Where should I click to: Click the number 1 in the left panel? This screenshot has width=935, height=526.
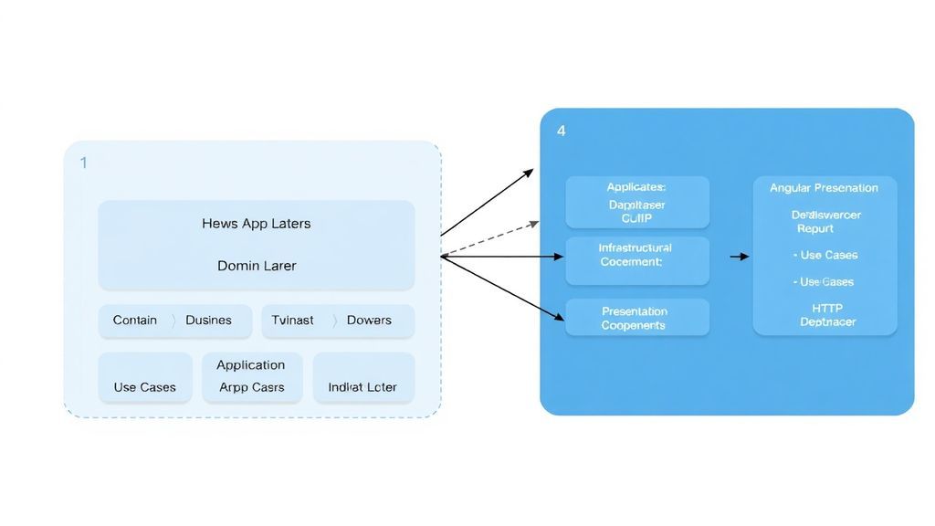pos(84,163)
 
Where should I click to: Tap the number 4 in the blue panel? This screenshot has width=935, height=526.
pos(561,131)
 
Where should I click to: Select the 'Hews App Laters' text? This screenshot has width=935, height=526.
pos(256,223)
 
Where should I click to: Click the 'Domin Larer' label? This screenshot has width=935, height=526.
pos(256,266)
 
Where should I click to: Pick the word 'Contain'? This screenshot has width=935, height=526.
pos(134,321)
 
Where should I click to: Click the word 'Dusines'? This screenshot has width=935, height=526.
pos(208,321)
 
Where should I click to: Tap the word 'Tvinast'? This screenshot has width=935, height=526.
pos(292,321)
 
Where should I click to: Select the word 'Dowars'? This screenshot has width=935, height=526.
pos(369,321)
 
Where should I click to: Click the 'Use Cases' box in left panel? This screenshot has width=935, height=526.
pos(144,378)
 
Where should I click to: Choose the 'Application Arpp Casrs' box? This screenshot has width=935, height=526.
pos(251,377)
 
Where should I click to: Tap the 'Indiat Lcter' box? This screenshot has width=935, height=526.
pos(362,378)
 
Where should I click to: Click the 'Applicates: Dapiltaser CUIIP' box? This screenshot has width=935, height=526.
pos(636,203)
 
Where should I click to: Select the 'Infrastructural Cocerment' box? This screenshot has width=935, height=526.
pos(636,260)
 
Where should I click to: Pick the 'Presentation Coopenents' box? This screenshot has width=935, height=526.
pos(636,318)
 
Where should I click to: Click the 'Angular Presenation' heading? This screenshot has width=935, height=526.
pos(824,188)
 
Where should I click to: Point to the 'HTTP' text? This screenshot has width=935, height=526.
pos(827,309)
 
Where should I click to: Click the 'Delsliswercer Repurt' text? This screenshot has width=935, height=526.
pos(825,222)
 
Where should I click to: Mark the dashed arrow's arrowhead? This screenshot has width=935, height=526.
pos(534,222)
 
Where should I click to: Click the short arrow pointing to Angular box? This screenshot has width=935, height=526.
pos(739,258)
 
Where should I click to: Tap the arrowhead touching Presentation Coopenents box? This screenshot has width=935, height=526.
pos(560,319)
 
